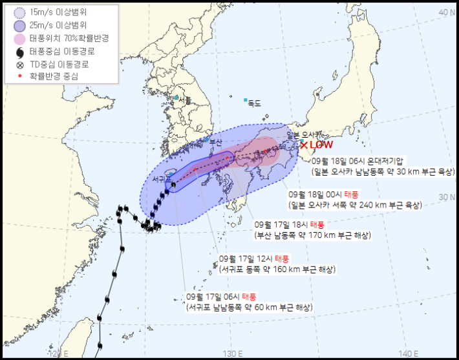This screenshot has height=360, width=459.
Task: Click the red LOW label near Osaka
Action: (321, 145)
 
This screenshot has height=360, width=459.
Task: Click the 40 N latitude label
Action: (446, 12)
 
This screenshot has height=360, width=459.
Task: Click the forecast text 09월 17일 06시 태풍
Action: (222, 296)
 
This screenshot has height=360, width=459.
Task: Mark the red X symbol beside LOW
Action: (304, 145)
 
